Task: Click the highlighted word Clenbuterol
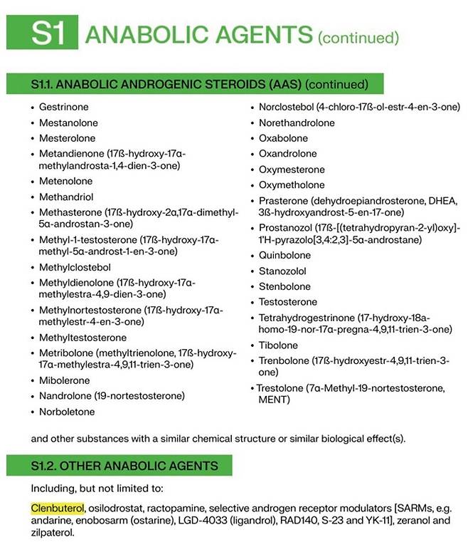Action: tap(58, 509)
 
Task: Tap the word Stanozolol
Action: tap(282, 271)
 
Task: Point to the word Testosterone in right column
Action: tap(288, 302)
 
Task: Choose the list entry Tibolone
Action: tap(278, 345)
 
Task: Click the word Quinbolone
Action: tap(284, 255)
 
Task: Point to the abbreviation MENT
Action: tap(275, 400)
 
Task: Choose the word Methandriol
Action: tap(67, 197)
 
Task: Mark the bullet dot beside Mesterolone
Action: tap(33, 138)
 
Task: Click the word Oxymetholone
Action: tap(291, 185)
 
